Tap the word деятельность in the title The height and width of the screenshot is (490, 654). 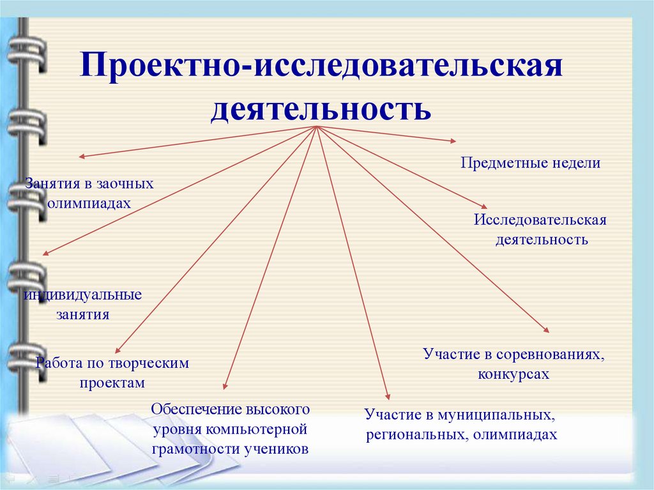321,108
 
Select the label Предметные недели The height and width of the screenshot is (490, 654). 530,163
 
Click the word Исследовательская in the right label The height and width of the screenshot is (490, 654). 540,220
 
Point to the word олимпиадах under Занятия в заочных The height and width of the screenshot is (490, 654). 89,203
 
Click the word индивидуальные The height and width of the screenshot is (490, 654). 83,295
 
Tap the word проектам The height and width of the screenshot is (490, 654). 112,383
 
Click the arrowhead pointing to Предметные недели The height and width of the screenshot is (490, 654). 453,140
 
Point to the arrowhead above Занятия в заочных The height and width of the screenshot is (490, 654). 81,156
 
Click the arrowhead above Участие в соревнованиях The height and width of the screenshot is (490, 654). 546,330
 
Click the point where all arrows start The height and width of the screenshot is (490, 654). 317,126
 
